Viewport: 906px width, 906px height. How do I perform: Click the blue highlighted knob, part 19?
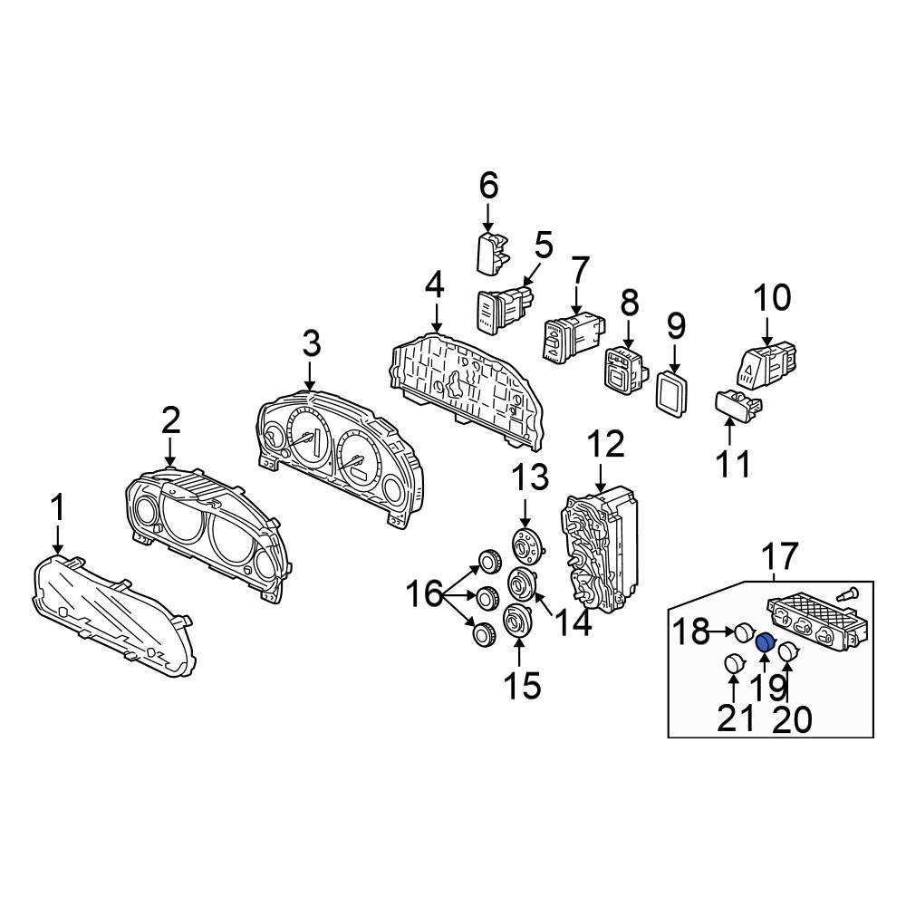click(765, 643)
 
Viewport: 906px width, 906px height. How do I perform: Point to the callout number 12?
click(605, 446)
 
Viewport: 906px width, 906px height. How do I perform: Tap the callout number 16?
click(424, 596)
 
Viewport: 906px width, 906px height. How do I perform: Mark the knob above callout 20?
click(788, 651)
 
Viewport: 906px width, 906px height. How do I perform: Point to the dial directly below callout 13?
click(524, 547)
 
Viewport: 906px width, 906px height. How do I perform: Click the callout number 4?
click(434, 288)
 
